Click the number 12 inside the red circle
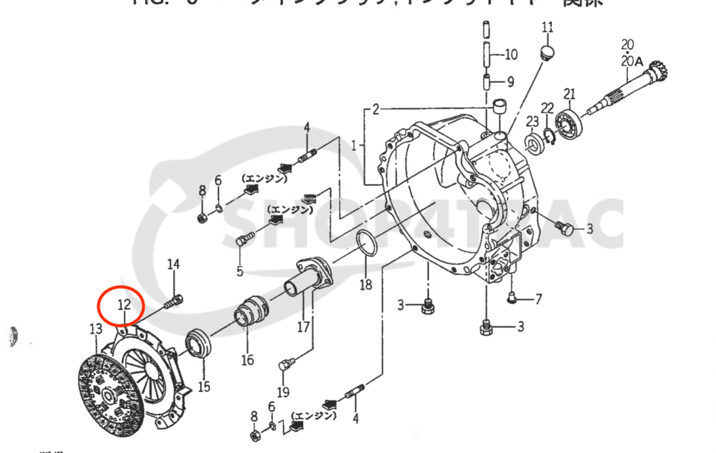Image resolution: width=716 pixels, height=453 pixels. click(124, 304)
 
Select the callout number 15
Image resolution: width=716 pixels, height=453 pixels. click(204, 387)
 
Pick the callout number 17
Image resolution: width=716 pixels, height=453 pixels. click(303, 327)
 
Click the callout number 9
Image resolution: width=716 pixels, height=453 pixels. click(511, 81)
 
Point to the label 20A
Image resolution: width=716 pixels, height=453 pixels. click(632, 61)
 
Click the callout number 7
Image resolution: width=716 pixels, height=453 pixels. click(538, 299)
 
